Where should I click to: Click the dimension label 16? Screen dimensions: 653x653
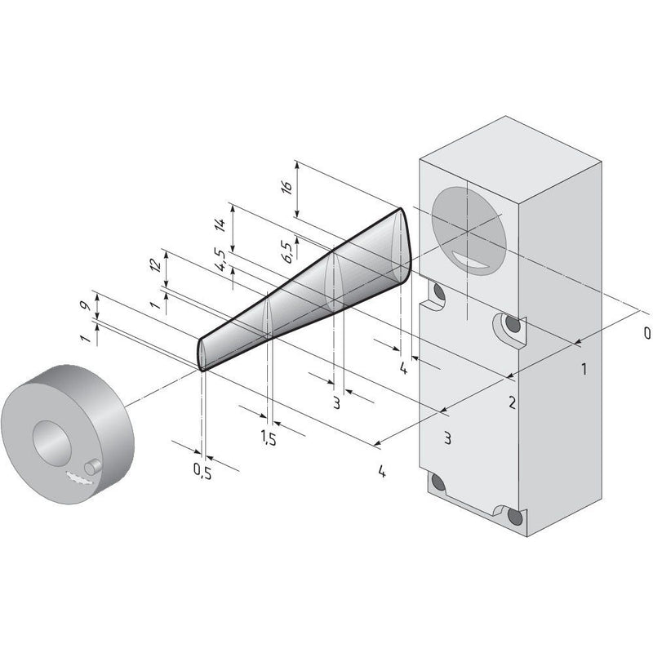click(287, 187)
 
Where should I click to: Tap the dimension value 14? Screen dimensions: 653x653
click(220, 225)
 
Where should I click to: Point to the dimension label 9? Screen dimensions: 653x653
click(85, 305)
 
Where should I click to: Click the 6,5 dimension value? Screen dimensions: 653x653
click(288, 251)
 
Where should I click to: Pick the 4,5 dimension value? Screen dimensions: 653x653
click(220, 260)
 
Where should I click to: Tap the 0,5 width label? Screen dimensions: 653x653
click(202, 471)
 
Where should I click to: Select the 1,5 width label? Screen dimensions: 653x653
click(269, 438)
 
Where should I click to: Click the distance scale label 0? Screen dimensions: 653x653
click(646, 333)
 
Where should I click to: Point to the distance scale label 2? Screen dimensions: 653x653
click(512, 402)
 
